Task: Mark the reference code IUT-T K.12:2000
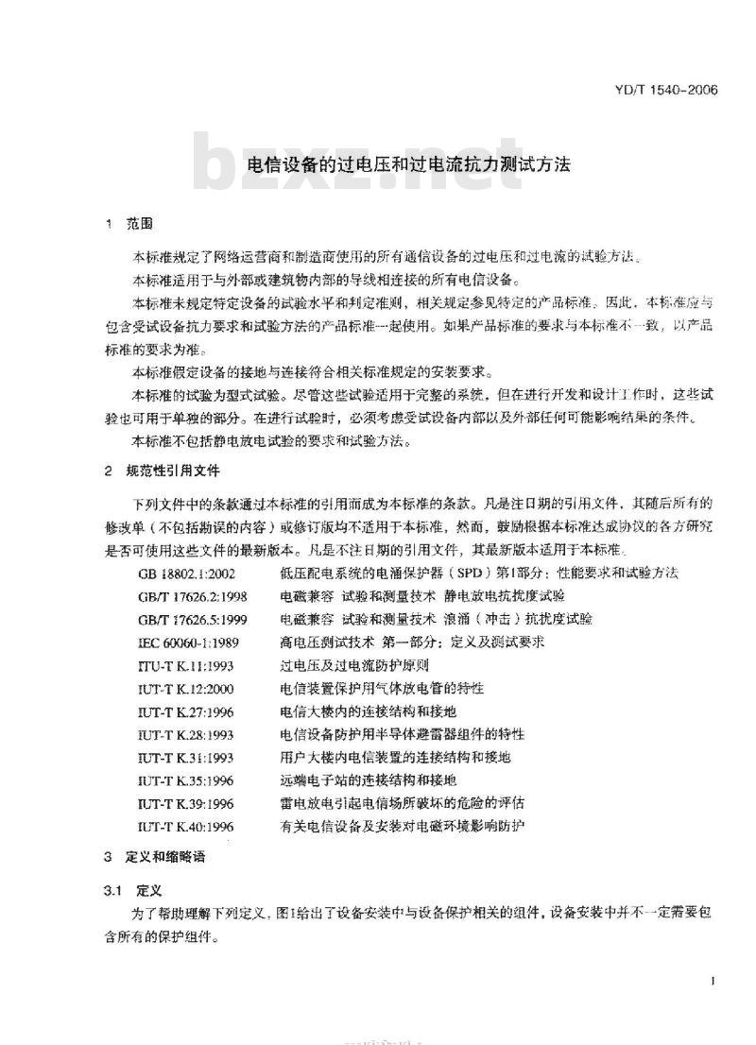click(x=185, y=689)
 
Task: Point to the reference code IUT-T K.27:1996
click(x=185, y=711)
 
